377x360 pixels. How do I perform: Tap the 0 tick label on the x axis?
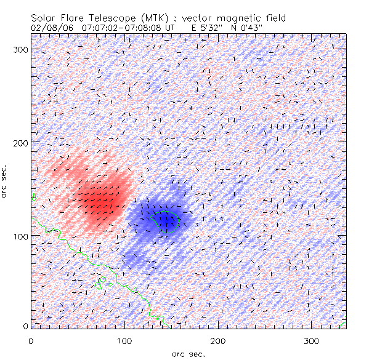click(31, 340)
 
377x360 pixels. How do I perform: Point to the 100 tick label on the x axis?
click(125, 340)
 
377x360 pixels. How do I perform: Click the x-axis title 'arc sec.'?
click(188, 354)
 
